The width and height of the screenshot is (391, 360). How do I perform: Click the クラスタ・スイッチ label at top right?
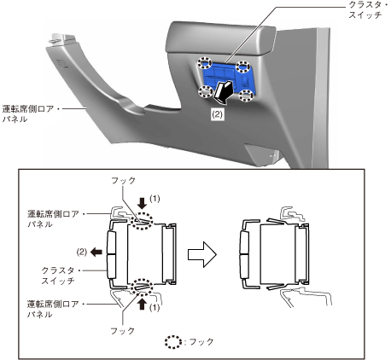click(x=365, y=10)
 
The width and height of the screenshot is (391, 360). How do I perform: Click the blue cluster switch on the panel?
click(x=228, y=78)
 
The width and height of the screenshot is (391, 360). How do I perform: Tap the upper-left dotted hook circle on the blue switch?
click(x=205, y=62)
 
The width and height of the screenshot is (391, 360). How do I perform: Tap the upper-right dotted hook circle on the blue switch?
click(x=243, y=67)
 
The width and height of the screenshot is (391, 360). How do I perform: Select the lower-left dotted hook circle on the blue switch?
click(x=206, y=91)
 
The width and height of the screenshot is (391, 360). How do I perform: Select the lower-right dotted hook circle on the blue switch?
click(x=246, y=96)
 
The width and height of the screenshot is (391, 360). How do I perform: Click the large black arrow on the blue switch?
click(x=224, y=92)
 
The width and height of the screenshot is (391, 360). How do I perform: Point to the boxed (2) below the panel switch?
click(x=217, y=114)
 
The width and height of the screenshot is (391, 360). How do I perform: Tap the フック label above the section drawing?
click(x=123, y=181)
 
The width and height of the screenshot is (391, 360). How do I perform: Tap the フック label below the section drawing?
click(x=122, y=331)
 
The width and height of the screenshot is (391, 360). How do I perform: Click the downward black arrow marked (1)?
click(x=142, y=203)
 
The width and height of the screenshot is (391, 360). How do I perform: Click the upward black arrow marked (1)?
click(x=142, y=305)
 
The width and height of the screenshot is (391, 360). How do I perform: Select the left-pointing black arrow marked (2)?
click(x=96, y=252)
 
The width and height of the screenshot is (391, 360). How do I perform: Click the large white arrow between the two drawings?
click(x=202, y=254)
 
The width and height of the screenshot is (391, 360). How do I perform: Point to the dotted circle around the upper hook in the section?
click(x=142, y=221)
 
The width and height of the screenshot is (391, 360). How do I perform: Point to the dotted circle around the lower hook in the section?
click(x=142, y=287)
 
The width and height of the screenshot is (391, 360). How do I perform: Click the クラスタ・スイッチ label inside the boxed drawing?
click(x=58, y=276)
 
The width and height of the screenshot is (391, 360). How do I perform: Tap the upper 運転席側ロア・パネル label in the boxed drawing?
click(x=54, y=218)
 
